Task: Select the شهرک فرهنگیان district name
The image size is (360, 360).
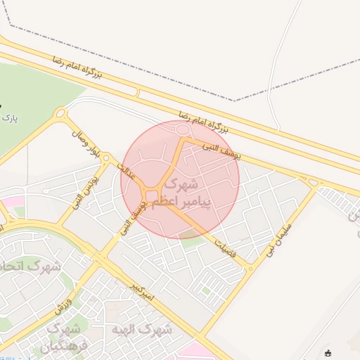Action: point(66,337)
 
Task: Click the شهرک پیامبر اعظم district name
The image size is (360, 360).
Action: point(176,193)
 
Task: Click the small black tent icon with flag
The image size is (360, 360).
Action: point(328,353)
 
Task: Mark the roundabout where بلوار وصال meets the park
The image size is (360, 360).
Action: point(61,113)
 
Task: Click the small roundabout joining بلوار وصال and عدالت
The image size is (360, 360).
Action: point(105,158)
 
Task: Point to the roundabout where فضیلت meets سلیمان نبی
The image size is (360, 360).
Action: point(249,268)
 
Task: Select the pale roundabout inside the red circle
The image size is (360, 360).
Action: point(184,130)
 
